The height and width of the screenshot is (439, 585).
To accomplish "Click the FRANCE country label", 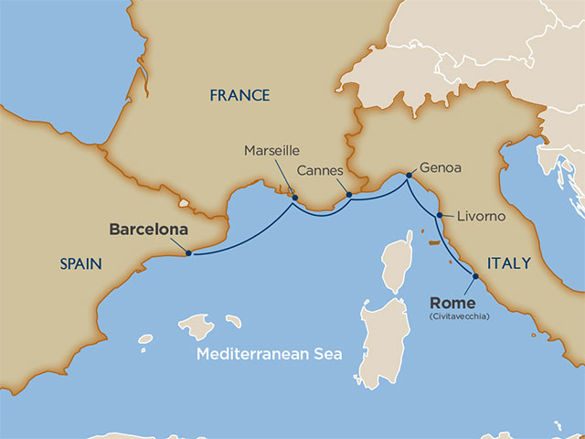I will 239,95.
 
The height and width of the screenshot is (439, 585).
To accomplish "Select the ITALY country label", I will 509,263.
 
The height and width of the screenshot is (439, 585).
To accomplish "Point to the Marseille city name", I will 271,151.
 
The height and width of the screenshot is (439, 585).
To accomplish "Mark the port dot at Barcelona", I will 188,253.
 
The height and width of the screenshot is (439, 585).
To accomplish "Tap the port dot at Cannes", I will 348,194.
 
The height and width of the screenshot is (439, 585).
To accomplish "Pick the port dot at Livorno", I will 440,216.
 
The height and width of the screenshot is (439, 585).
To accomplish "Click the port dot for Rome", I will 475,276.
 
